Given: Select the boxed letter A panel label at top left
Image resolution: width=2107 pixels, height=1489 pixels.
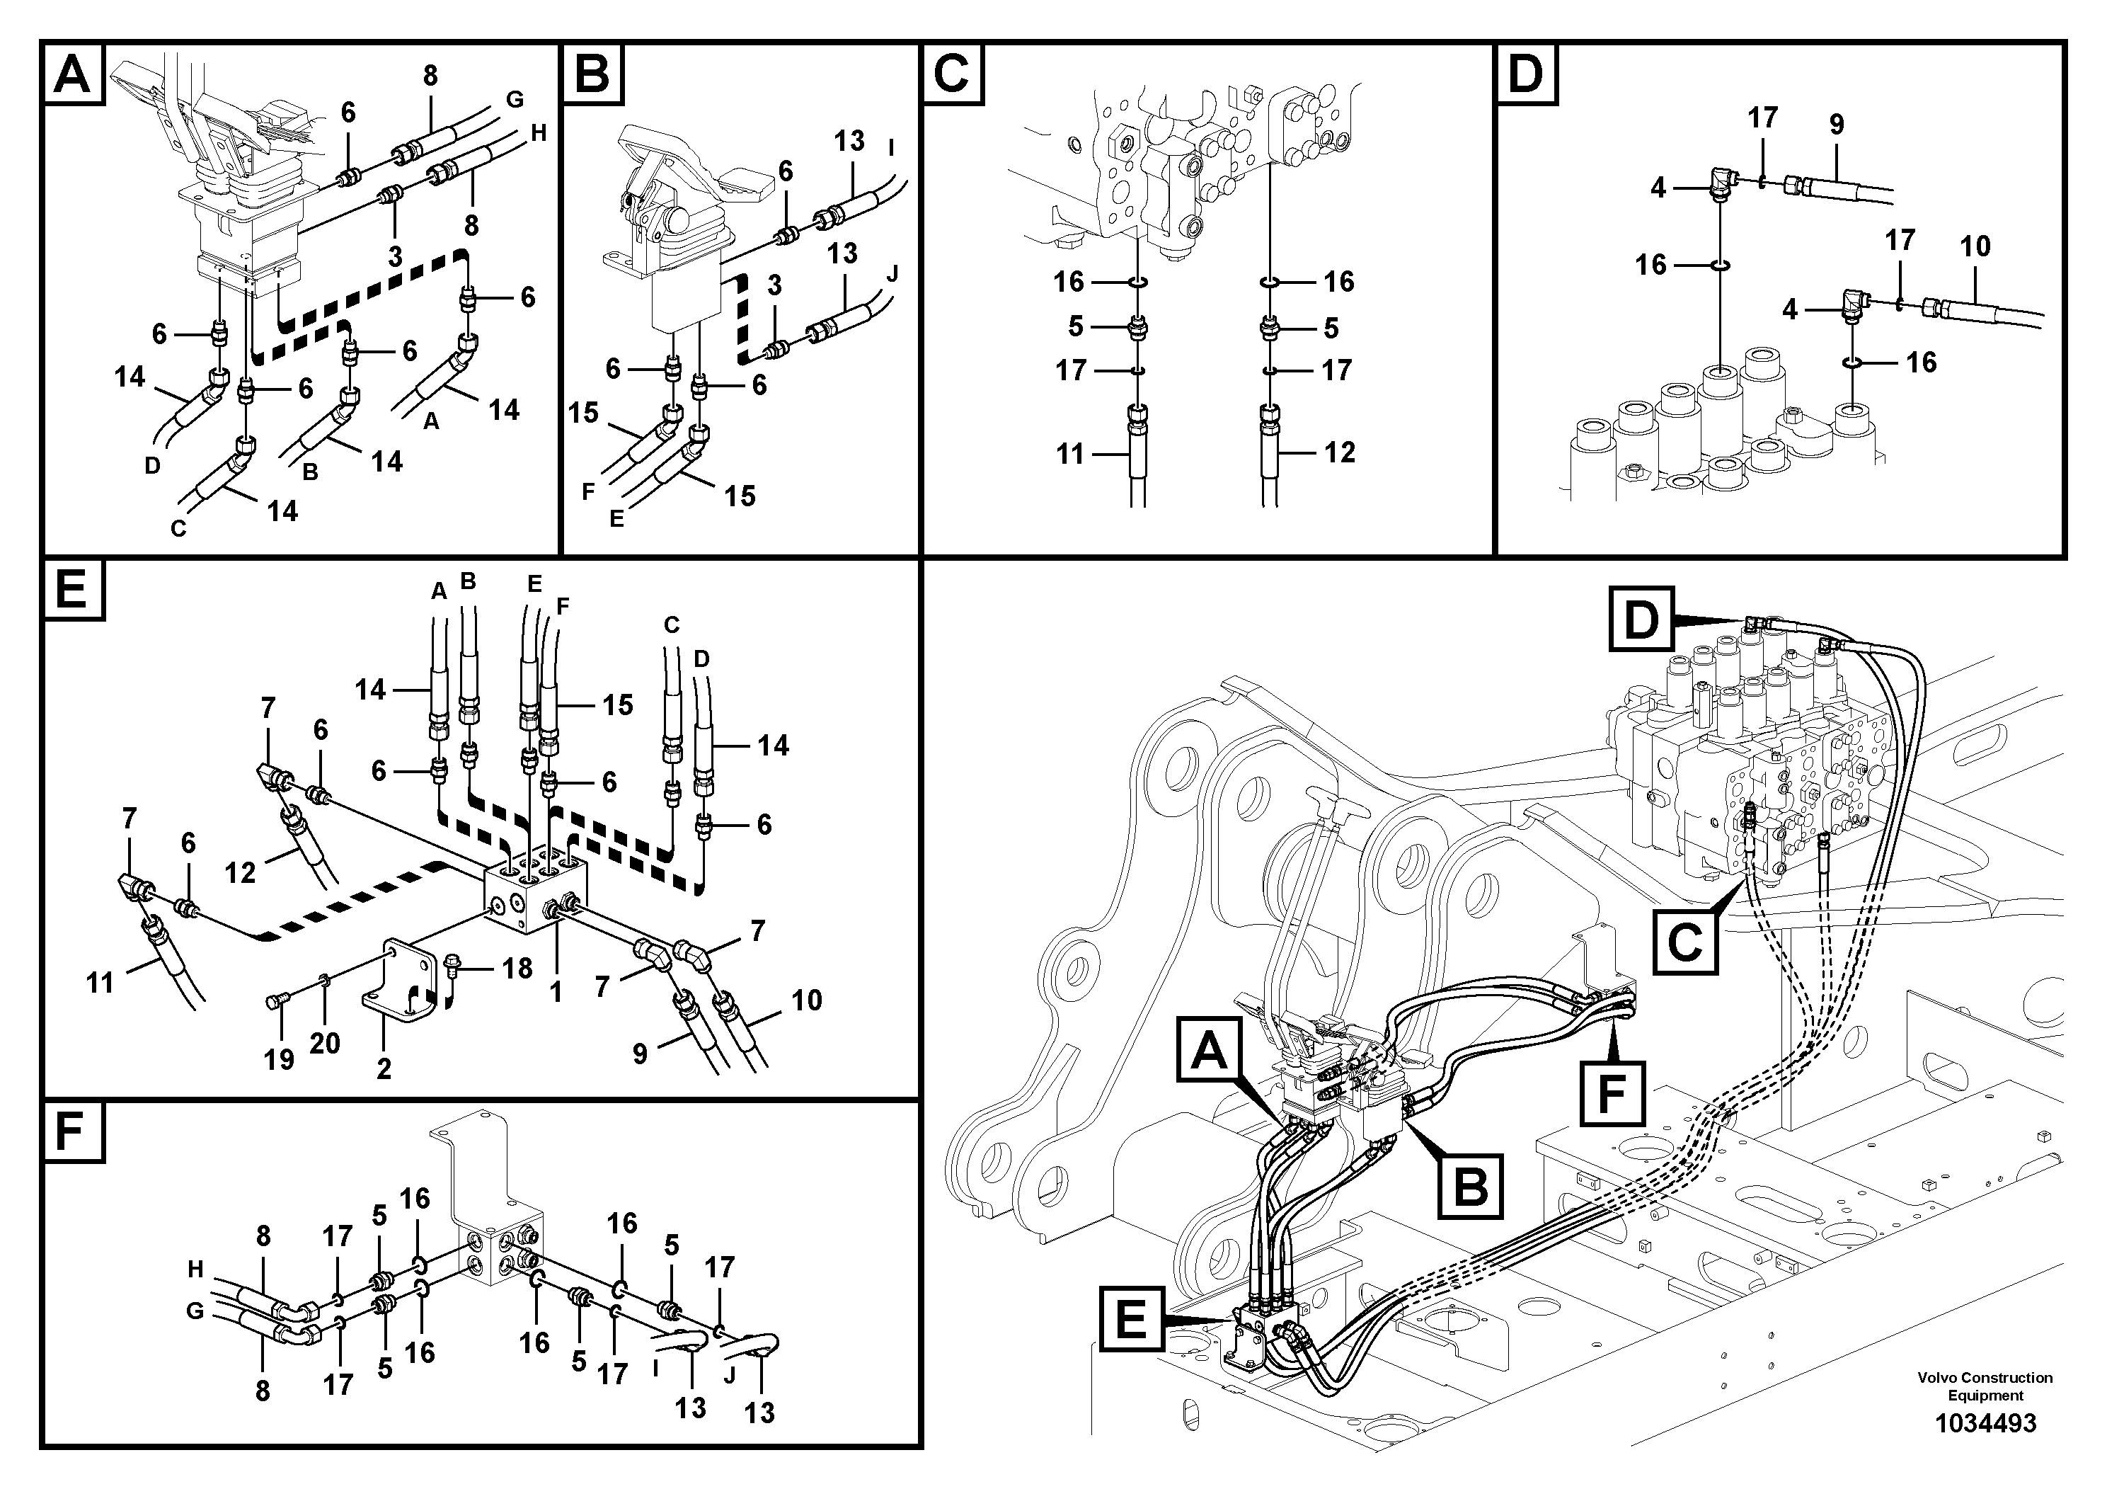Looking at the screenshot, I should (72, 74).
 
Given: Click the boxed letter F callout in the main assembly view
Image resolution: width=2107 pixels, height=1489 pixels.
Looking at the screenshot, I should (1612, 1092).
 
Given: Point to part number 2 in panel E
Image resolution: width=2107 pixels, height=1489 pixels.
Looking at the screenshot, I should (384, 1068).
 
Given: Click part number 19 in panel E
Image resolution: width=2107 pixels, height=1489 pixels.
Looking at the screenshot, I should (279, 1059).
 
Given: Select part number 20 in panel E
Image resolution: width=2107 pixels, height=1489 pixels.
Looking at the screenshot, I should (325, 1043).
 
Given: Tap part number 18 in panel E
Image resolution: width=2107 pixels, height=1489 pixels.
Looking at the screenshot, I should (517, 969).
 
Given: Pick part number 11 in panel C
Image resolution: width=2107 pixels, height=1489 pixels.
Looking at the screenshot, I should (1070, 453).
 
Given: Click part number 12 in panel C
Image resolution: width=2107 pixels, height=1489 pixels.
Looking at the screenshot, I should (1340, 452).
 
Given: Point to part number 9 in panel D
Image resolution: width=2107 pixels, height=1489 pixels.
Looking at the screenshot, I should (1837, 124).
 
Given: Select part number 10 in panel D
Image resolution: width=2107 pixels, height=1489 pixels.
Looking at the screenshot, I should (1975, 246).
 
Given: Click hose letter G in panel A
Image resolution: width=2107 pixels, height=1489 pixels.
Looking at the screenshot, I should (514, 99).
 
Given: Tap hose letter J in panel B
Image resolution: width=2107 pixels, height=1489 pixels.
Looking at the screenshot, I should (892, 273).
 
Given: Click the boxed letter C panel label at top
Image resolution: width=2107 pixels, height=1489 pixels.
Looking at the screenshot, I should (952, 74).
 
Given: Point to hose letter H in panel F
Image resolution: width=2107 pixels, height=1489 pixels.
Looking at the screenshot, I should (195, 1270).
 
